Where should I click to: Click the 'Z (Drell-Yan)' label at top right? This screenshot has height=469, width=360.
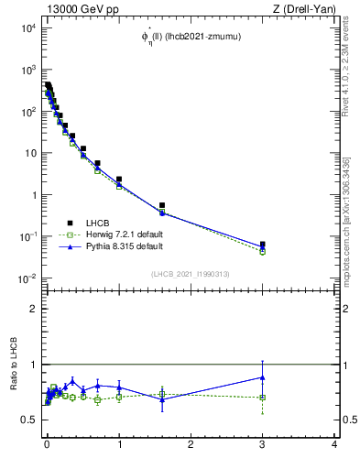click(x=306, y=8)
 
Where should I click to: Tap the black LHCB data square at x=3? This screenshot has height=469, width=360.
click(x=263, y=245)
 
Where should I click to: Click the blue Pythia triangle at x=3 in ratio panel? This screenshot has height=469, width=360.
click(x=263, y=376)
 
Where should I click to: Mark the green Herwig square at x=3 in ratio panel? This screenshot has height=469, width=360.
click(x=263, y=398)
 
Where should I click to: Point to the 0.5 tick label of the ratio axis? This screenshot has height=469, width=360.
click(x=29, y=420)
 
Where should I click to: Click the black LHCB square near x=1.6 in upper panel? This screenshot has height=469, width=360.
click(x=162, y=205)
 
